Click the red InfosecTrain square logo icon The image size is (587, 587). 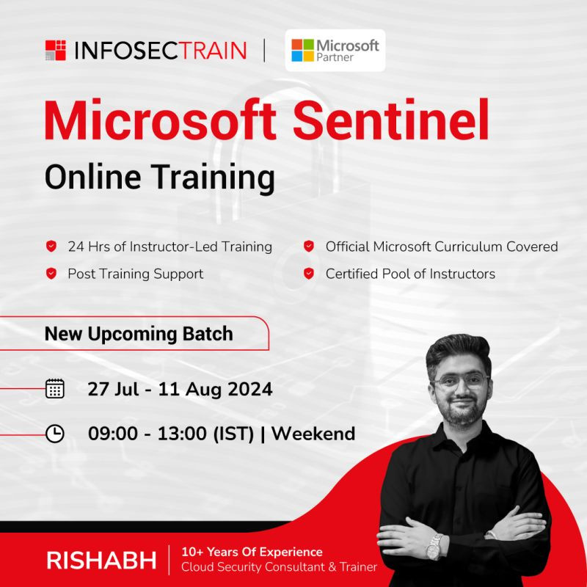[x=56, y=50]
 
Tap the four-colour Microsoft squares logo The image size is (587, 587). [x=302, y=50]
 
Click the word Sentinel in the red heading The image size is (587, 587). [x=390, y=120]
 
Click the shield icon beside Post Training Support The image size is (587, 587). [x=51, y=274]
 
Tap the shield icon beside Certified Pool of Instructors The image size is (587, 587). [x=309, y=274]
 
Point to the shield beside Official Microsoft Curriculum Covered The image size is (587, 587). [x=309, y=247]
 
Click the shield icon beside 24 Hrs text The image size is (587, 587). [x=51, y=247]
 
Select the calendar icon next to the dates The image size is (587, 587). [x=55, y=388]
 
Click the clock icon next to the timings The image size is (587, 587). [x=55, y=434]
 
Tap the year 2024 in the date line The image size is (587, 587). [x=250, y=389]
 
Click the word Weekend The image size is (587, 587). [x=313, y=434]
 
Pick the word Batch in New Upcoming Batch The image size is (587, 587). [x=208, y=334]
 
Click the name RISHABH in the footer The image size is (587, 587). [x=101, y=561]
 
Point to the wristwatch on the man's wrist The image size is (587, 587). [x=434, y=547]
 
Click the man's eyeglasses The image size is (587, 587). [x=461, y=381]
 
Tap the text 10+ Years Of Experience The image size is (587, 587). [x=252, y=552]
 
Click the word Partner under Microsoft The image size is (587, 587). [x=335, y=57]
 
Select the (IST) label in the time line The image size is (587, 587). [x=233, y=434]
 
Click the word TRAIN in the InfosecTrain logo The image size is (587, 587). [x=212, y=51]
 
